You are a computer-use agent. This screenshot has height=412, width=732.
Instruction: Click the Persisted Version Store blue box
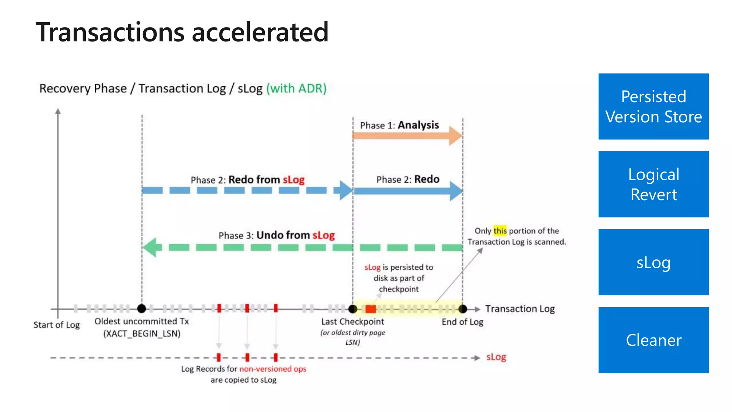tap(653, 107)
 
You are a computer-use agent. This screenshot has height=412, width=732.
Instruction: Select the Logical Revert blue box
tap(653, 184)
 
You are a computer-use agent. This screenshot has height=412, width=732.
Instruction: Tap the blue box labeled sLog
tap(653, 262)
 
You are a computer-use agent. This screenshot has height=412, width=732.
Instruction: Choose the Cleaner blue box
tap(653, 340)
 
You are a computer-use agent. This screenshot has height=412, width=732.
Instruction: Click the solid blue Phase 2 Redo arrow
tap(407, 191)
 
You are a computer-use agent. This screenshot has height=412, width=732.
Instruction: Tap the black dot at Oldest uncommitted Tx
tap(142, 308)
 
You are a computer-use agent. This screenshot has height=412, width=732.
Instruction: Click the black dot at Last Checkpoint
tap(353, 309)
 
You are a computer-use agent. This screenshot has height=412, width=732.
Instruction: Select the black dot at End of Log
tap(463, 309)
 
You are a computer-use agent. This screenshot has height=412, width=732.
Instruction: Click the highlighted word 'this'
tap(500, 231)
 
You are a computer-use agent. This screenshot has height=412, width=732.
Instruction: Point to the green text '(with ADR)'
tap(296, 88)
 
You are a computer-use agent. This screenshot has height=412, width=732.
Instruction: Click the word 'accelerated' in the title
tap(260, 32)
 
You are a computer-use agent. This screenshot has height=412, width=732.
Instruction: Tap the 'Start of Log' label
tap(56, 325)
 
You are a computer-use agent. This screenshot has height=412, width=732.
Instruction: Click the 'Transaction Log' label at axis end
tap(520, 309)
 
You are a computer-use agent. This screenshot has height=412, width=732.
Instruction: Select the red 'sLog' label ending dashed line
tap(496, 357)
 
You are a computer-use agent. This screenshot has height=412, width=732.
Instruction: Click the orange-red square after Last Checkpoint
tap(371, 309)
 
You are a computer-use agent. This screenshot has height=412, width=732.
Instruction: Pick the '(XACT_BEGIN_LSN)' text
tap(142, 334)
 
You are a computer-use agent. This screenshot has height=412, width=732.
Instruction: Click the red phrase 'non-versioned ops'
tap(273, 369)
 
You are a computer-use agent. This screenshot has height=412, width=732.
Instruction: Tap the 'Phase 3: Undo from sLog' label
tap(277, 235)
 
